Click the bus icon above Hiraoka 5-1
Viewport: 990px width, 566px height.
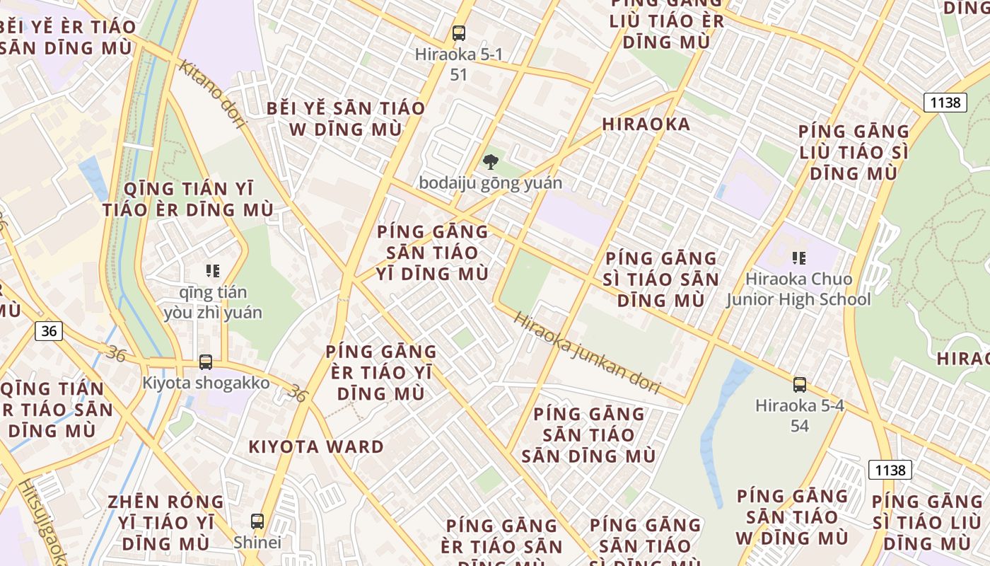tap(459, 33)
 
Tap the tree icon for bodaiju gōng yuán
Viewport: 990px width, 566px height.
tap(490, 162)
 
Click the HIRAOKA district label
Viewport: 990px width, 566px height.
tap(646, 125)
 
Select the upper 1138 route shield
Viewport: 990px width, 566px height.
tap(945, 103)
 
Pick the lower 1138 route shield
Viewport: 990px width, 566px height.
tap(890, 470)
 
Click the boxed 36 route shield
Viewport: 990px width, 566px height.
tap(48, 330)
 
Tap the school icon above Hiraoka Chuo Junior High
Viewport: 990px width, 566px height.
tap(798, 258)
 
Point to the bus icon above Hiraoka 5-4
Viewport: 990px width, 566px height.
tap(800, 385)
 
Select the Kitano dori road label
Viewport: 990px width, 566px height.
tap(212, 93)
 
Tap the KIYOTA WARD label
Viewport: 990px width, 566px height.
tap(316, 447)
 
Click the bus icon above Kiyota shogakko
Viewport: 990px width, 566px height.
tap(206, 362)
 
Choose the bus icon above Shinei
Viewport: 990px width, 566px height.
tap(257, 521)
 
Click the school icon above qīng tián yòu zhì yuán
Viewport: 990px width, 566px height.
tap(212, 270)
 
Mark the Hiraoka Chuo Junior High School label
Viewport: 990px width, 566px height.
tap(799, 289)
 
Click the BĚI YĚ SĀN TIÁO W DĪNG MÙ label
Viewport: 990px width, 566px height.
tap(346, 119)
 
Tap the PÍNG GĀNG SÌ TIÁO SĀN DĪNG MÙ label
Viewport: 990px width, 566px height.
tap(661, 279)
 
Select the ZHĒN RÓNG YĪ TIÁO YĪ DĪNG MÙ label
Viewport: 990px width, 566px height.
tap(165, 523)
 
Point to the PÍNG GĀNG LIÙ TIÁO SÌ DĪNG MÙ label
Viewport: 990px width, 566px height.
tap(854, 152)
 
